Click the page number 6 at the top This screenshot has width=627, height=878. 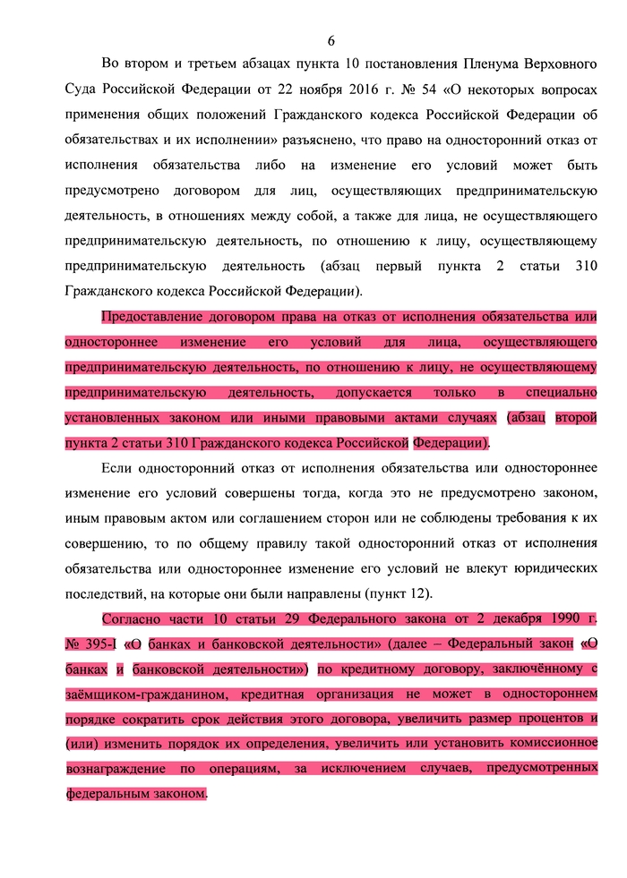331,41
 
